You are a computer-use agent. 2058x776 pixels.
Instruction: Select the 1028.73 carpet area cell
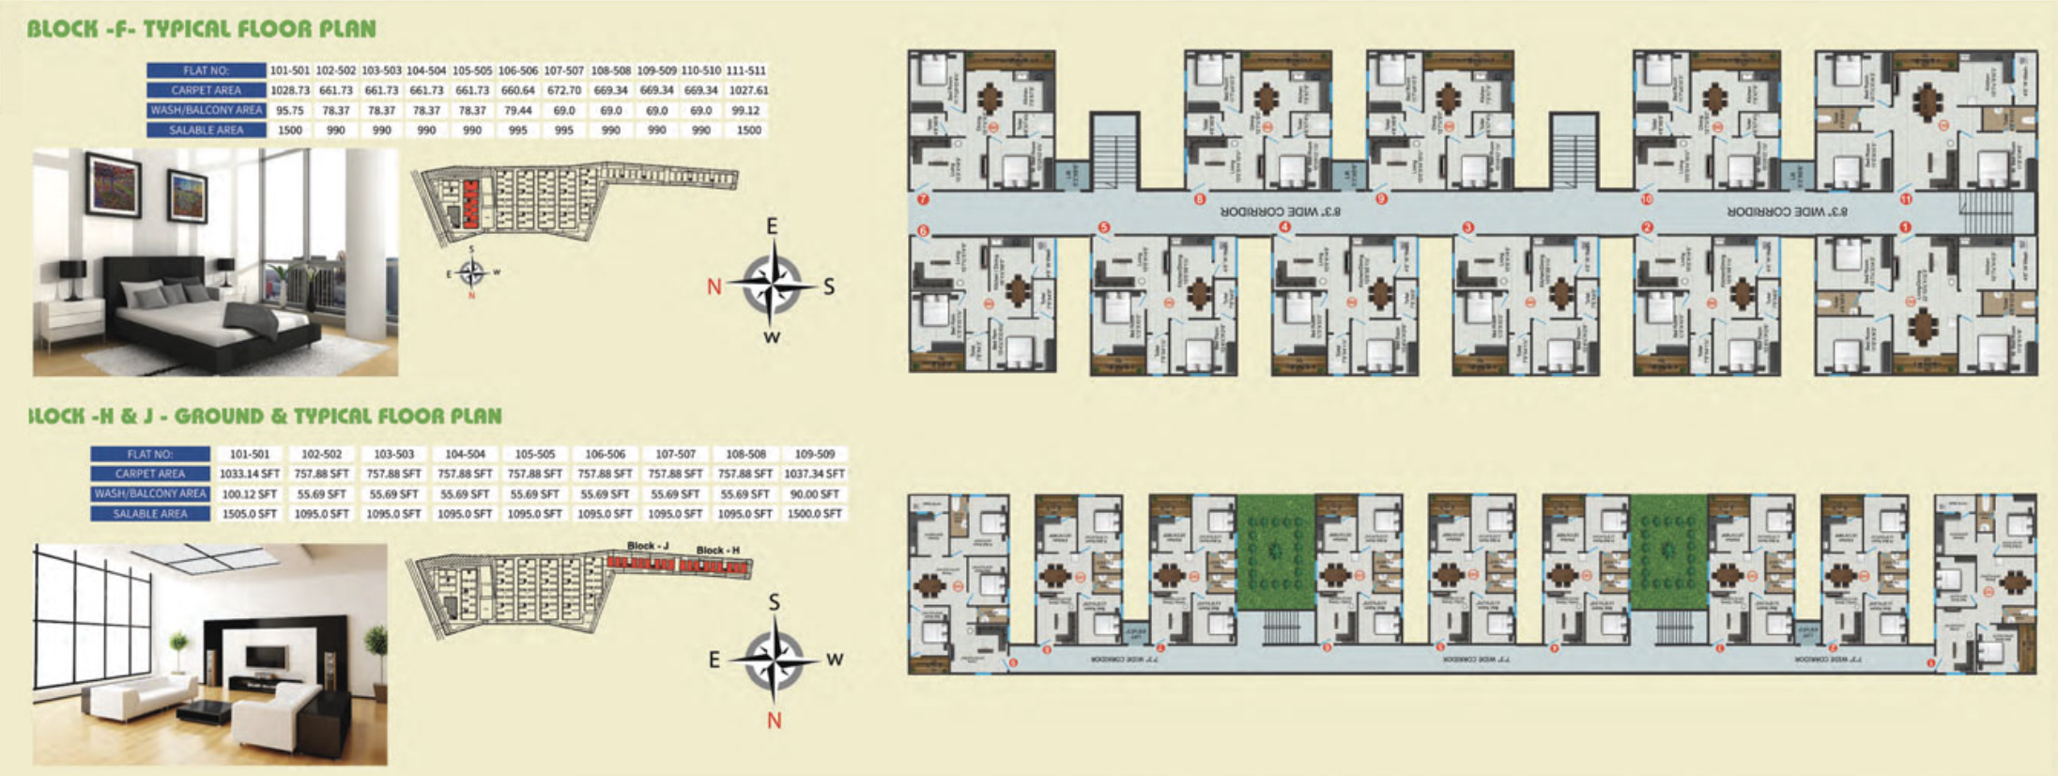pyautogui.click(x=290, y=90)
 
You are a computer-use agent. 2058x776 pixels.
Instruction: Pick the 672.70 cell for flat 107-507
pyautogui.click(x=563, y=90)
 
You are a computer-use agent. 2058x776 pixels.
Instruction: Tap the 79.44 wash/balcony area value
pyautogui.click(x=518, y=110)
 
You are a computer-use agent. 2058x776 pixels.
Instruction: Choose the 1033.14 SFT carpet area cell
pyautogui.click(x=250, y=473)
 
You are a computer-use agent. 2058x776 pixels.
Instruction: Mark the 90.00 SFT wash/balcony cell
pyautogui.click(x=815, y=494)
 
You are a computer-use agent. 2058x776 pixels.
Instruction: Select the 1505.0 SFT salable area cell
pyautogui.click(x=250, y=514)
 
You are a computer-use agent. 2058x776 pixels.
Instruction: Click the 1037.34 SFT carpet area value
pyautogui.click(x=815, y=473)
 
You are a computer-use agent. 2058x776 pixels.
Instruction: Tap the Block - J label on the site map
pyautogui.click(x=648, y=546)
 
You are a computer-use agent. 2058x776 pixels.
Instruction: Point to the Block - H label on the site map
pyautogui.click(x=718, y=550)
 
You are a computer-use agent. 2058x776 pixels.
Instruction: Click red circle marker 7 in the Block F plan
pyautogui.click(x=923, y=199)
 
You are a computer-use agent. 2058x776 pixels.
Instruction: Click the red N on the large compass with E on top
pyautogui.click(x=714, y=287)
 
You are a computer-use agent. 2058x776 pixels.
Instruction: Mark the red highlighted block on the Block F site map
pyautogui.click(x=469, y=203)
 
